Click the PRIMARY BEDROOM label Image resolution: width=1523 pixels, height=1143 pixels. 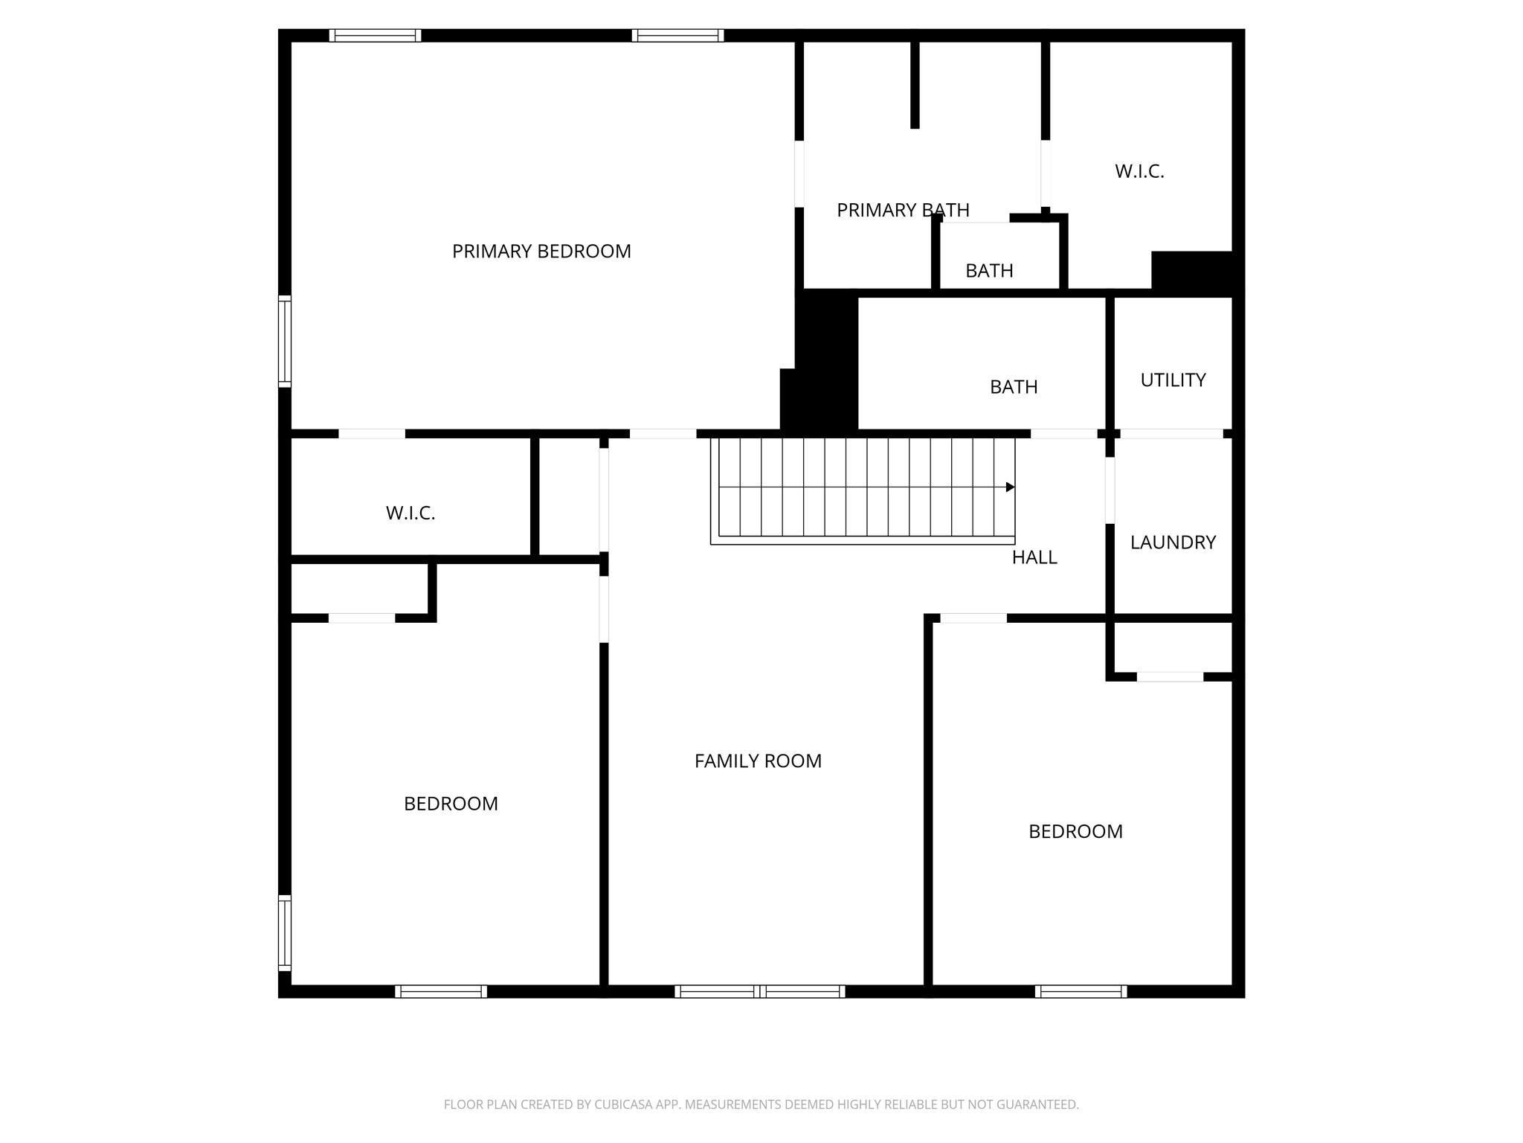click(541, 252)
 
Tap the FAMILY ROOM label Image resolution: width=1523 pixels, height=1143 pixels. click(758, 761)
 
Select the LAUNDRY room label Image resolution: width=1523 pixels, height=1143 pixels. click(1173, 542)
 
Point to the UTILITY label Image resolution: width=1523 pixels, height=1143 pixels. click(1173, 380)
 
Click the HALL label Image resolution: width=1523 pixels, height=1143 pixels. click(1034, 557)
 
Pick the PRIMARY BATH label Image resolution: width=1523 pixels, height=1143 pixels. click(903, 211)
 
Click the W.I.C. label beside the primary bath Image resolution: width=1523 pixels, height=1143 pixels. click(1139, 171)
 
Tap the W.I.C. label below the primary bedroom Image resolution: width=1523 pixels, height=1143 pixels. click(410, 513)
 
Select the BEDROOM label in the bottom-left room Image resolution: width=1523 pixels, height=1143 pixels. click(451, 804)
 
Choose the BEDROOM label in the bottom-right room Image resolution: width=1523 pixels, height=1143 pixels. click(1075, 831)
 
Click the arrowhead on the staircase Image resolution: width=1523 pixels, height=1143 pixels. click(1010, 487)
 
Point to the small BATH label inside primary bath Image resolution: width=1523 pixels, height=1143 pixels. click(989, 271)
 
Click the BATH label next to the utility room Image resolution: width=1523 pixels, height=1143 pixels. click(1014, 387)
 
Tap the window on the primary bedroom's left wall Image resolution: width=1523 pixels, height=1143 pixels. click(285, 342)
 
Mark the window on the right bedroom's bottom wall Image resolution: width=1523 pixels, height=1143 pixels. click(1081, 991)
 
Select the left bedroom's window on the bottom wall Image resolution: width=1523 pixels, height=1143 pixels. click(441, 991)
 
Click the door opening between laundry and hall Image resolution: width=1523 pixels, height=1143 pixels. click(1110, 490)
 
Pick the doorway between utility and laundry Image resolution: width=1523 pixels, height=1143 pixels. click(1171, 434)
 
